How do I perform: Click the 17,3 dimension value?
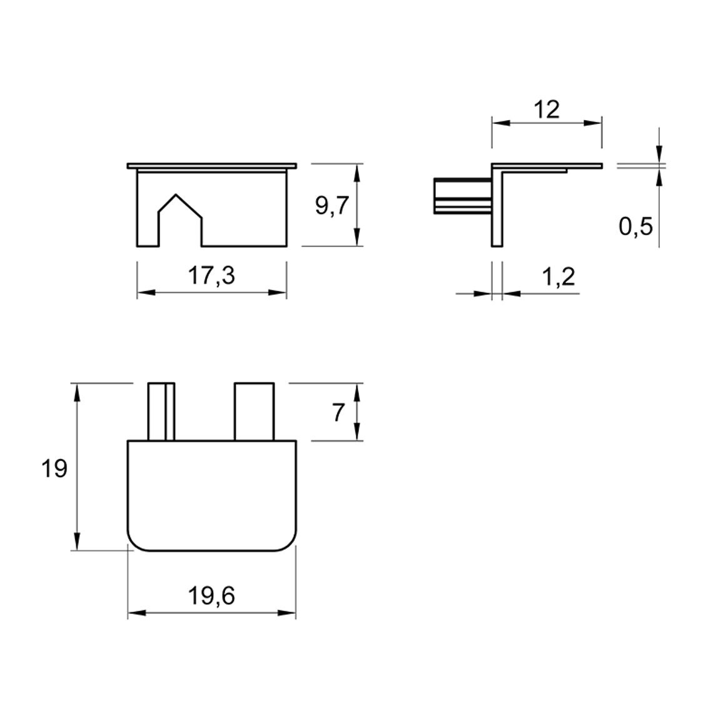point(211,276)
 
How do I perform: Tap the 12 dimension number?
point(547,109)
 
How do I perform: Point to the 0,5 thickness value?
point(636,226)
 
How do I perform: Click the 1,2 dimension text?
point(559,276)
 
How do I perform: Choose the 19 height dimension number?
point(54,468)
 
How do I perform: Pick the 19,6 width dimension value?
point(211,596)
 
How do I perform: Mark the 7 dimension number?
point(338,412)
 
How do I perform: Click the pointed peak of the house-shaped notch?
point(176,195)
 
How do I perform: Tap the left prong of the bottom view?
point(161,412)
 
